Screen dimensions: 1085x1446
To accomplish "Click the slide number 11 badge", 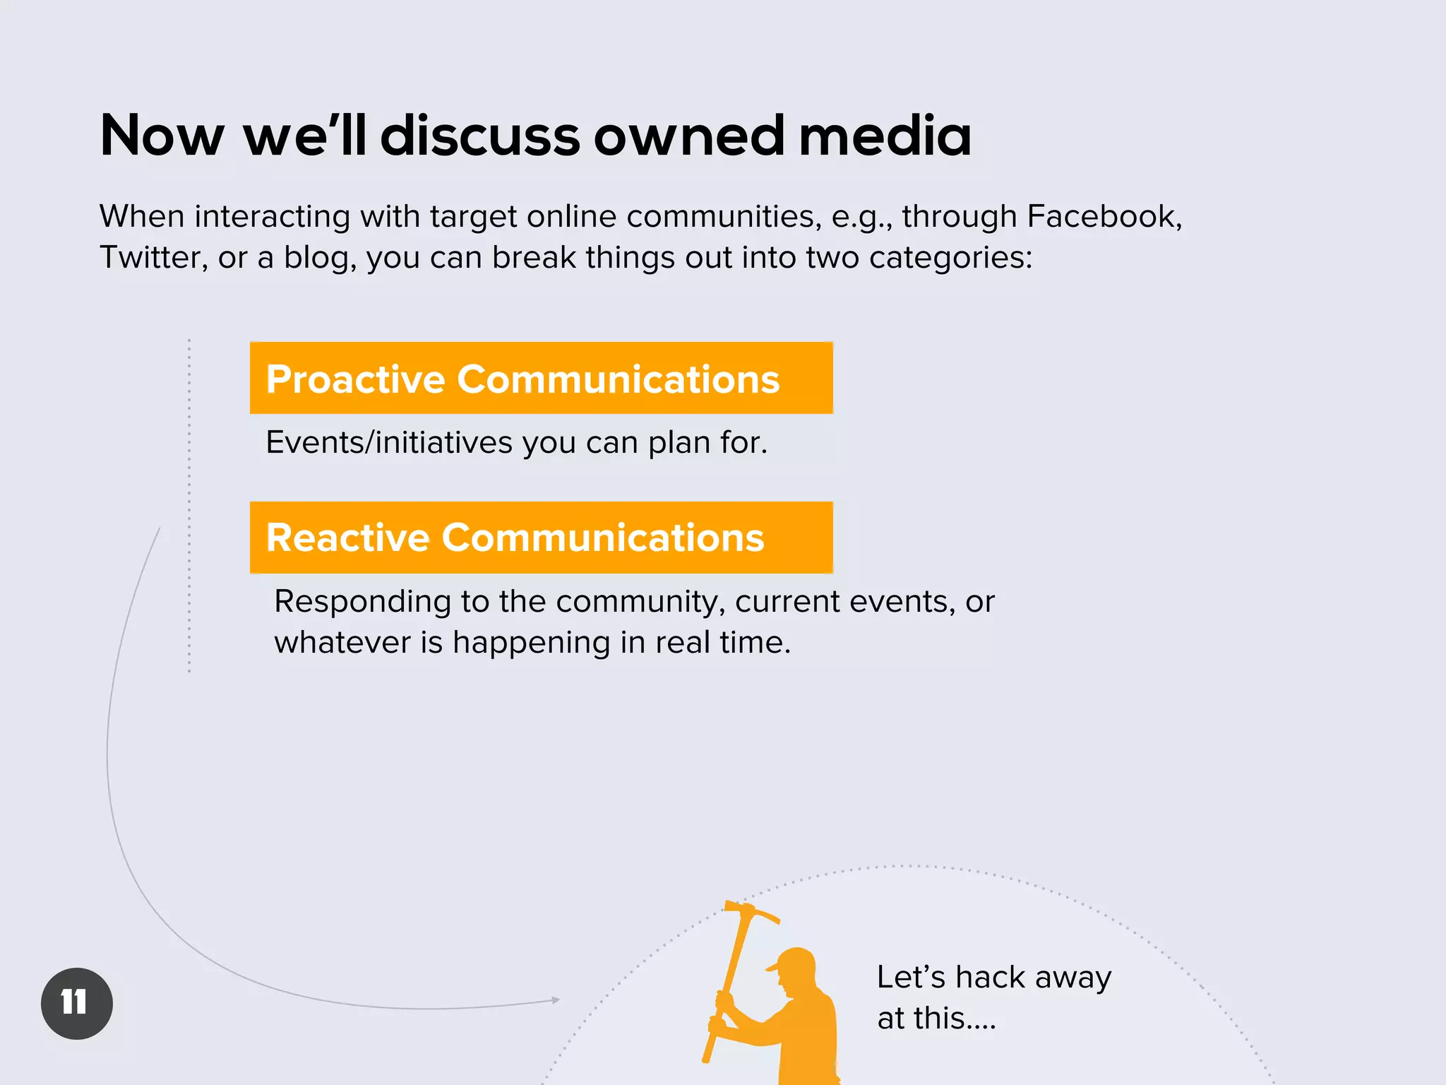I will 76,1003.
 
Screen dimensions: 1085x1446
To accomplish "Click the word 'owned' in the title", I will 688,136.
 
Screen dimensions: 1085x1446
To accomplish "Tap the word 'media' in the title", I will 885,136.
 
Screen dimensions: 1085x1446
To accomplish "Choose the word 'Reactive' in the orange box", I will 347,538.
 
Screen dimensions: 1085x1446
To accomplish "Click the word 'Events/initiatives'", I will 389,443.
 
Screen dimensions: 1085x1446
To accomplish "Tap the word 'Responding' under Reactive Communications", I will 362,602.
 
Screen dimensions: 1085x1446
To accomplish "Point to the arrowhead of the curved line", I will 556,1000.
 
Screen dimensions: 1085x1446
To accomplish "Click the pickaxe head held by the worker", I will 751,911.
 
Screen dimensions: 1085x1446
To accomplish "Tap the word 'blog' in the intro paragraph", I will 319,257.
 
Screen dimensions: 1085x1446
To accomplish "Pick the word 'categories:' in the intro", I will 950,257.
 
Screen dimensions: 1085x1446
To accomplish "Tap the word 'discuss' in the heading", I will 480,136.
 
